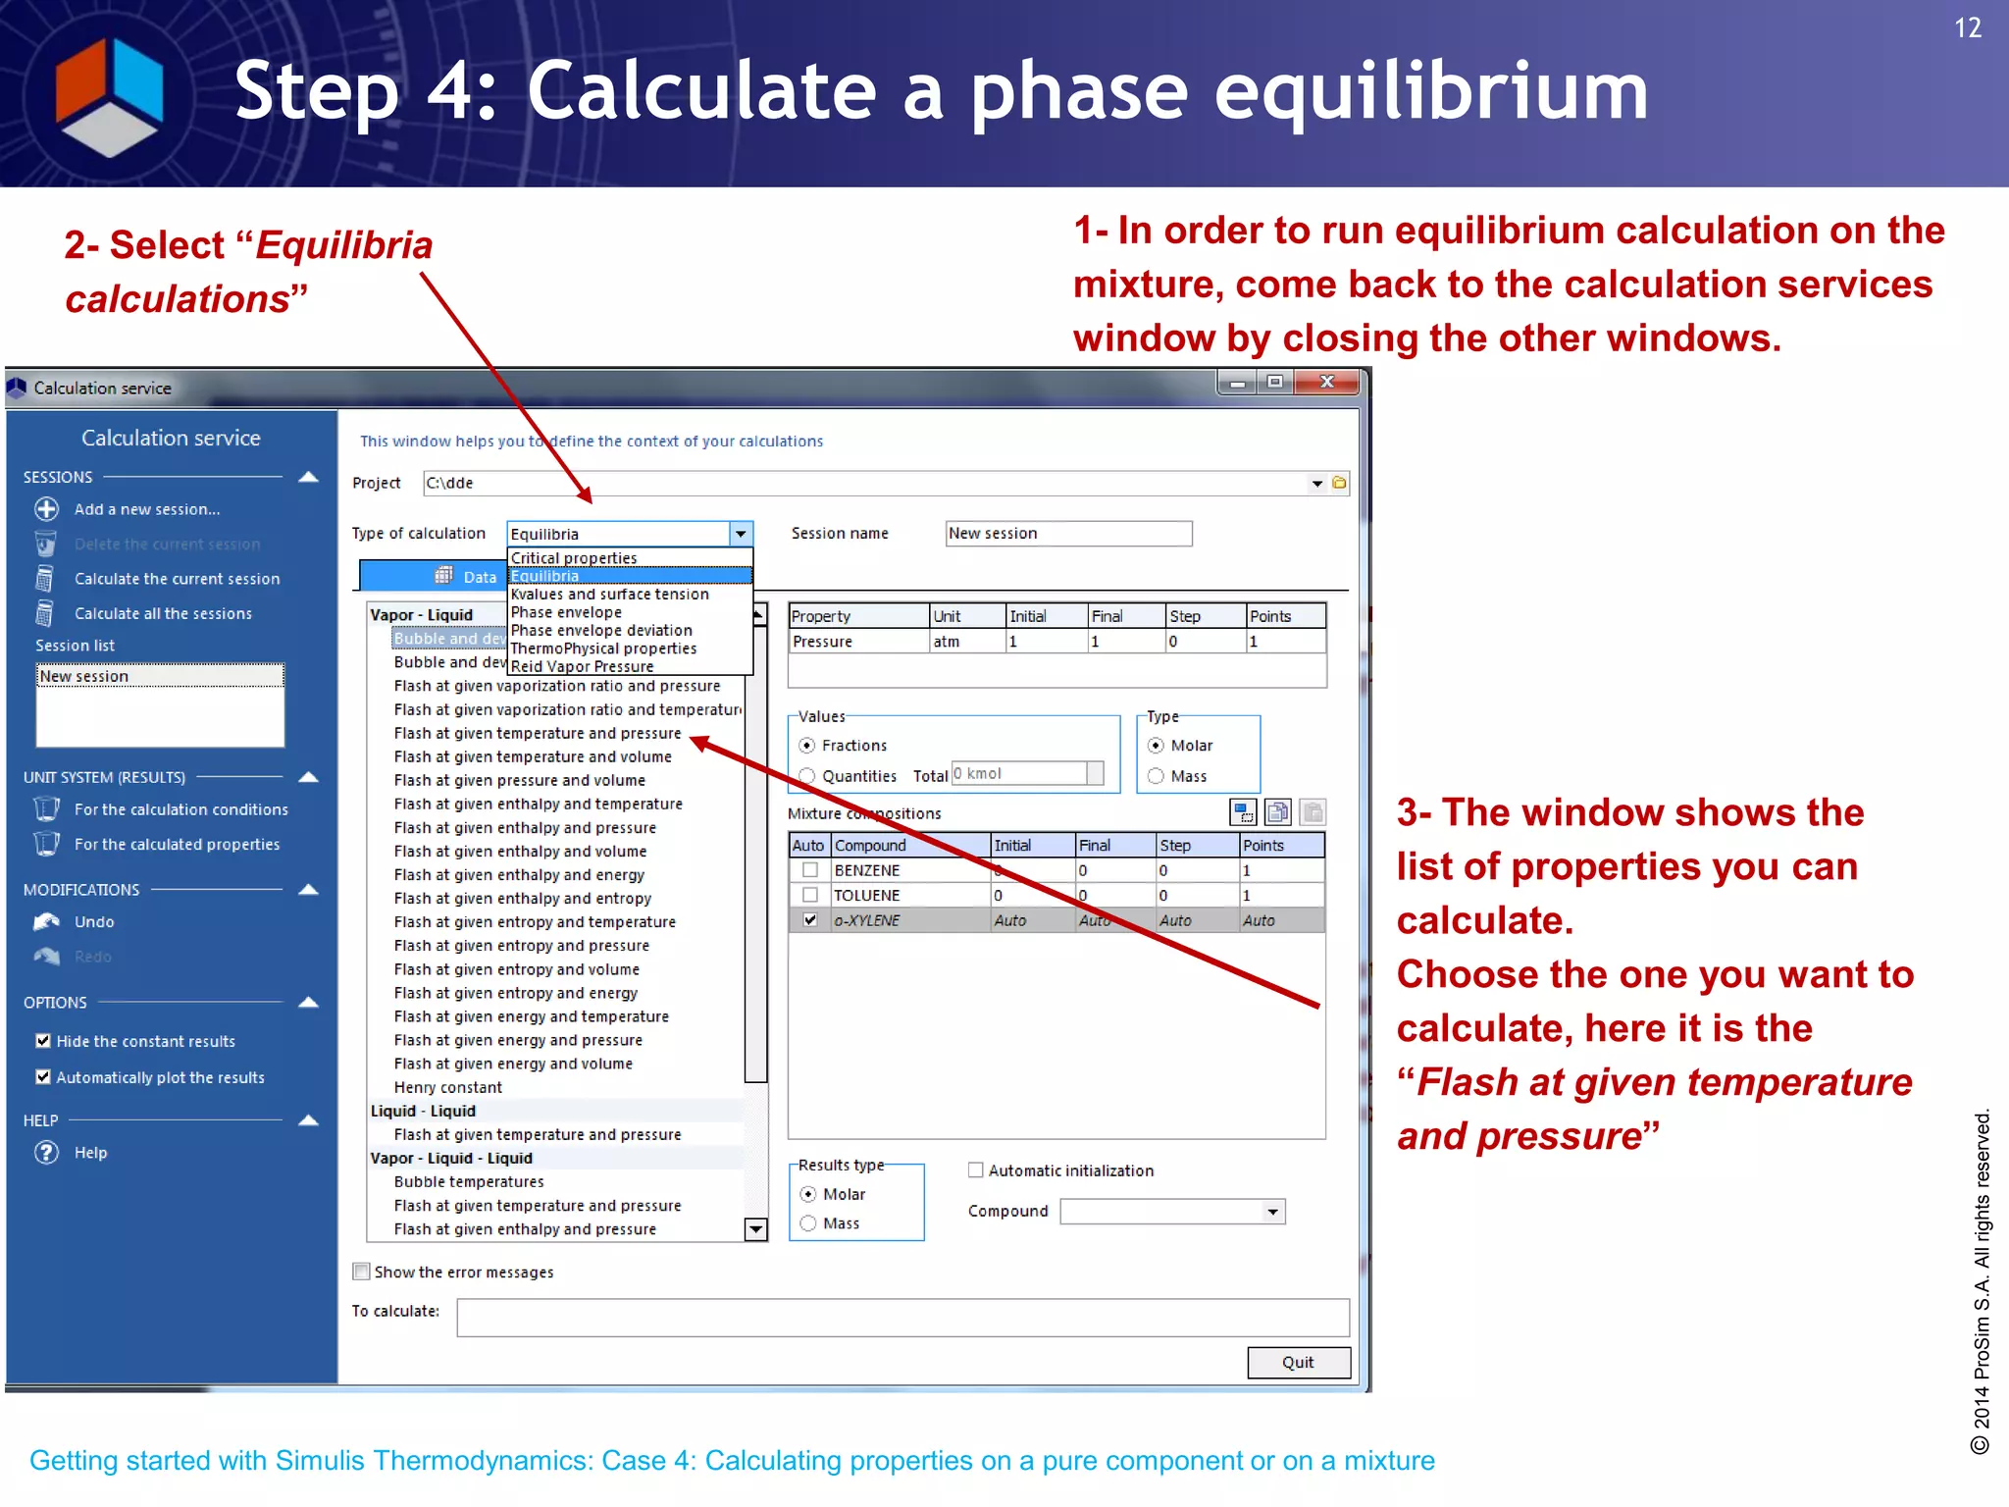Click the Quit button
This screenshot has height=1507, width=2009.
pyautogui.click(x=1298, y=1362)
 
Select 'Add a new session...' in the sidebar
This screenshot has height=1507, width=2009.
pyautogui.click(x=146, y=509)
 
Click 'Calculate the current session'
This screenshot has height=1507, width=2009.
pyautogui.click(x=177, y=579)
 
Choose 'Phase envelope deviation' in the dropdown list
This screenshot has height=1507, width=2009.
pyautogui.click(x=600, y=630)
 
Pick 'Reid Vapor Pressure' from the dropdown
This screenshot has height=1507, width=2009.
pyautogui.click(x=581, y=666)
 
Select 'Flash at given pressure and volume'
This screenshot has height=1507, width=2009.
pyautogui.click(x=519, y=780)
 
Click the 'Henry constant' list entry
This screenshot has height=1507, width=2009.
pyautogui.click(x=447, y=1087)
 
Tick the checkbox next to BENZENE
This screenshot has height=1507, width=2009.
pyautogui.click(x=810, y=870)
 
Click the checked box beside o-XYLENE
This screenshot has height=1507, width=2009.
pyautogui.click(x=810, y=920)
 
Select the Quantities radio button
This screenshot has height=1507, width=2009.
pyautogui.click(x=807, y=776)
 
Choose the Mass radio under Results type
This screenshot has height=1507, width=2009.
pyautogui.click(x=808, y=1223)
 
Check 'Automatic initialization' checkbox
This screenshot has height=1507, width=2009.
pyautogui.click(x=975, y=1170)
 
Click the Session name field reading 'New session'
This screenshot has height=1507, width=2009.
pyautogui.click(x=1067, y=533)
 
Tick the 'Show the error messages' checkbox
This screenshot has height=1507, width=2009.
pyautogui.click(x=361, y=1272)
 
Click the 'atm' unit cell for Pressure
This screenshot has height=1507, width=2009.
pyautogui.click(x=966, y=642)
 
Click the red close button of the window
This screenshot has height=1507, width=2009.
pyautogui.click(x=1327, y=382)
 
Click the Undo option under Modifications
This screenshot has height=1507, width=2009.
pyautogui.click(x=93, y=922)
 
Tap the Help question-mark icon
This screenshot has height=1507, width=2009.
pyautogui.click(x=46, y=1153)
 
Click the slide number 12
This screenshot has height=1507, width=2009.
pyautogui.click(x=1968, y=27)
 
